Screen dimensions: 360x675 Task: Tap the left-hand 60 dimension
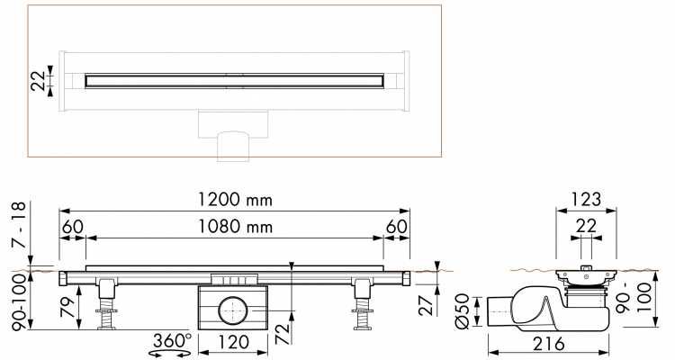tap(73, 228)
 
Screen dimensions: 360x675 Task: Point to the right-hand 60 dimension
tap(397, 228)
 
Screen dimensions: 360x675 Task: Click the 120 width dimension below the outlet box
tap(233, 343)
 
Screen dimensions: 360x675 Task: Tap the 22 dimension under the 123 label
tap(585, 227)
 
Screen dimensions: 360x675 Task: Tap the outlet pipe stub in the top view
tap(233, 144)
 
